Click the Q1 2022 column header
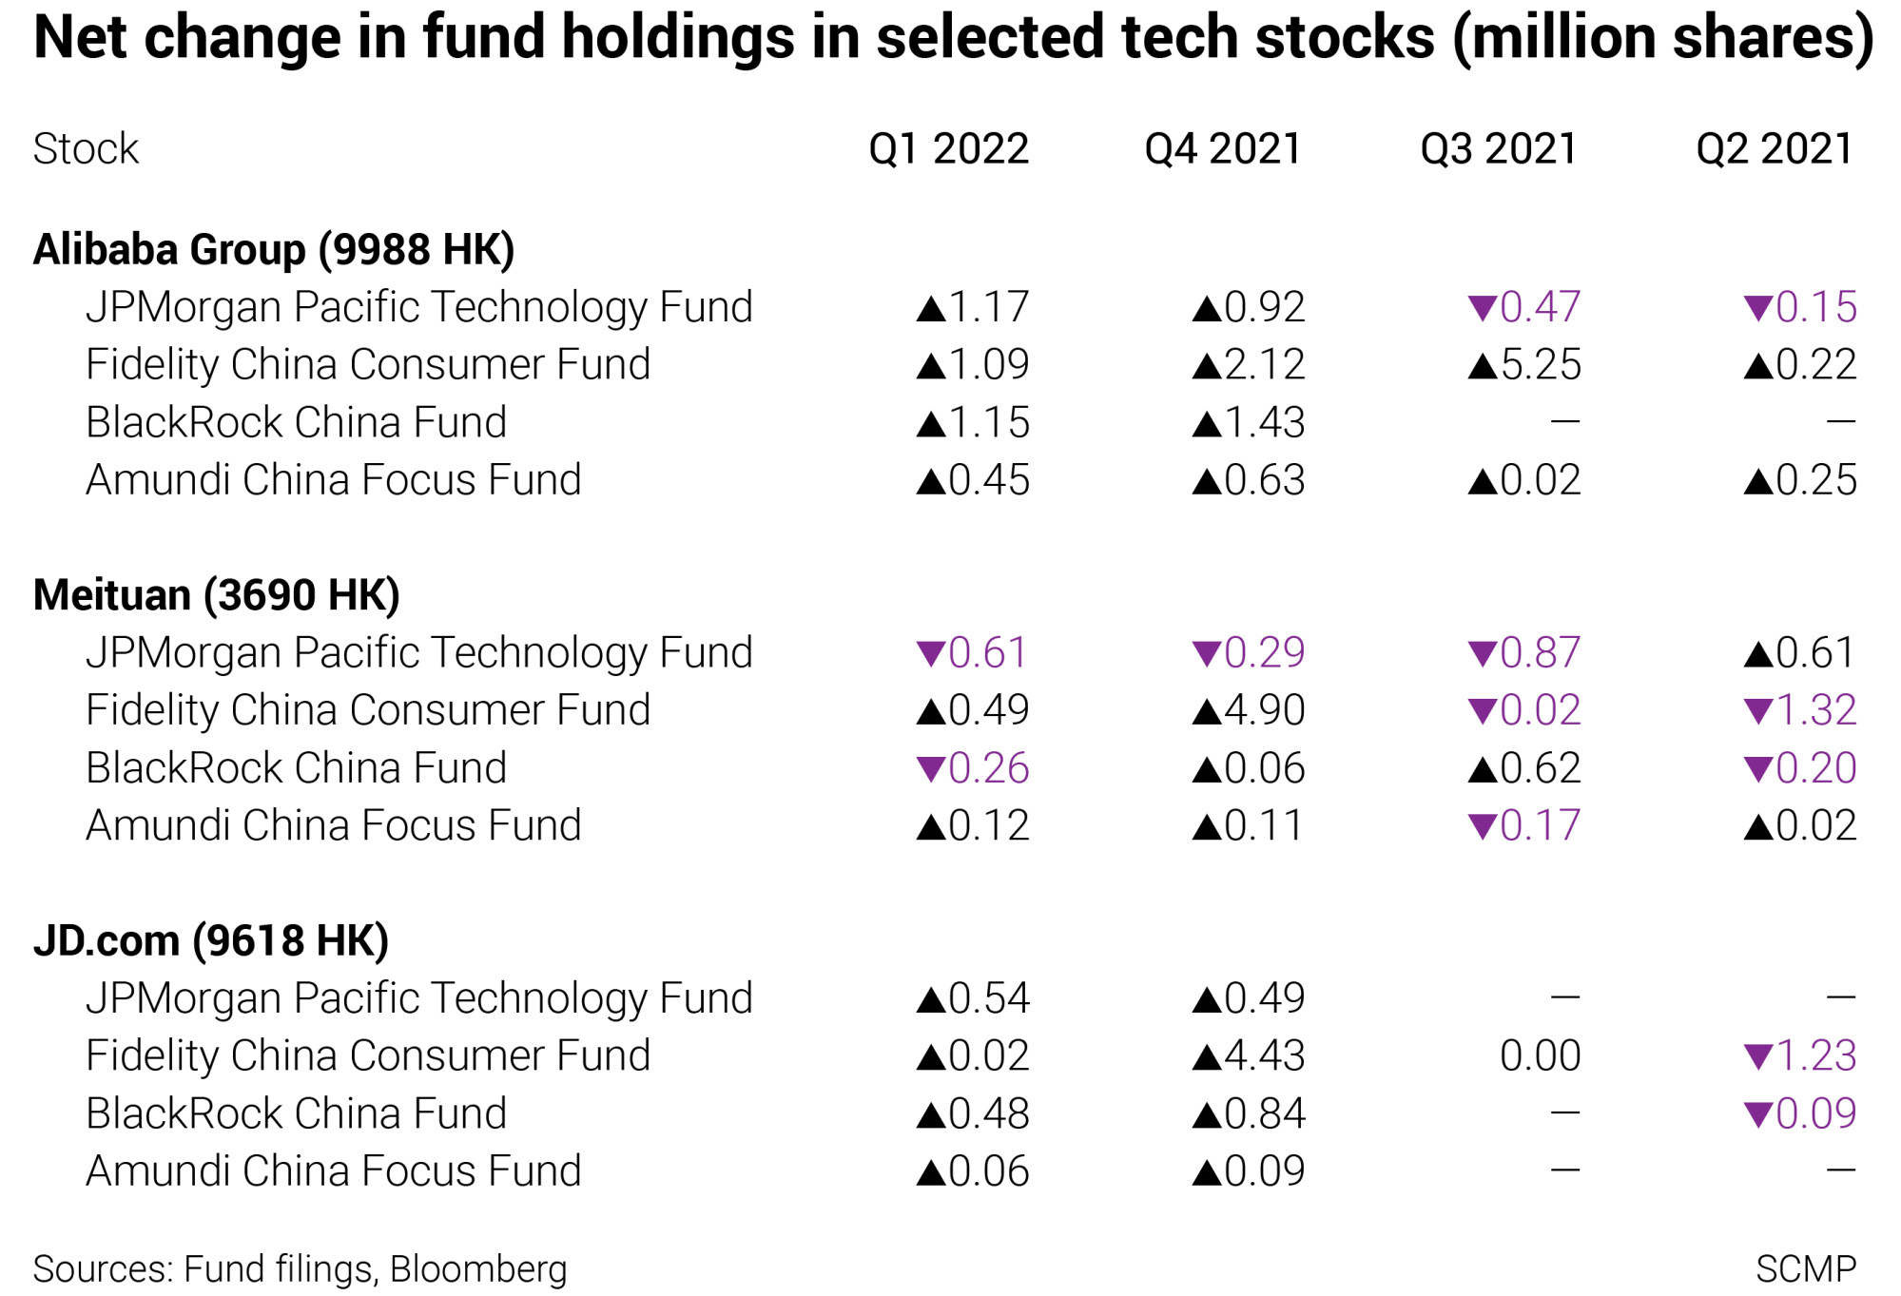pos(949,149)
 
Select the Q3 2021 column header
pos(1499,149)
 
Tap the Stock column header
pos(86,149)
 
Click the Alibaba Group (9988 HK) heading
pos(274,250)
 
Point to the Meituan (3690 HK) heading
pos(217,595)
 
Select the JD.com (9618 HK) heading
pos(211,941)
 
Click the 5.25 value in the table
pos(1541,365)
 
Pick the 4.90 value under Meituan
pos(1265,710)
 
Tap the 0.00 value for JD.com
pos(1541,1055)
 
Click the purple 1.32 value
pos(1816,710)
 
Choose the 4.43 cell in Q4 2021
pos(1265,1055)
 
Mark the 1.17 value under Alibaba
pos(989,307)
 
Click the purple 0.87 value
pos(1541,653)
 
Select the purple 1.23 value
pos(1816,1055)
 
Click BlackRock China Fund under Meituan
pos(297,768)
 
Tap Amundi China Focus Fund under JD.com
pos(334,1171)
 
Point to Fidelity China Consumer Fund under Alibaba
pos(368,365)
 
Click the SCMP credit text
pos(1806,1269)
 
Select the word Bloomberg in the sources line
pos(478,1270)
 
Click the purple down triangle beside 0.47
pos(1482,308)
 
